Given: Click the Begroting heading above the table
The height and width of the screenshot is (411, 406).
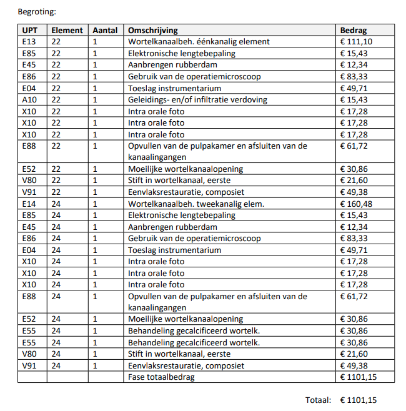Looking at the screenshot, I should point(36,11).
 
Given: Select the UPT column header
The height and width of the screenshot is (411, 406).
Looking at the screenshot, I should point(29,30).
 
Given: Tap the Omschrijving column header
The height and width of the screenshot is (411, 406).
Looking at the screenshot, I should point(152,30).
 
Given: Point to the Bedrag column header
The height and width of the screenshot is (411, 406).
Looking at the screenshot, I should point(353,30).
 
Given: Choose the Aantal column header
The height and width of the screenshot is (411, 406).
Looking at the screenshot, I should point(104,30).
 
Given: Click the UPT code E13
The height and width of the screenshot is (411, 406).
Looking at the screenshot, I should point(29,42).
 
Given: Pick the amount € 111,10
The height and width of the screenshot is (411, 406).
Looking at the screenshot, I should point(356,42).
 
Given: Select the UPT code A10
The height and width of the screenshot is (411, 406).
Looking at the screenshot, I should point(29,100).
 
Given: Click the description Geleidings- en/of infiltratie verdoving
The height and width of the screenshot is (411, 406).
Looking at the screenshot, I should point(197,100).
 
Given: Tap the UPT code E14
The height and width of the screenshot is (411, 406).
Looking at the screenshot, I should point(29,204).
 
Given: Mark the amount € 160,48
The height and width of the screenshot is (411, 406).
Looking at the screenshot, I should point(356,204).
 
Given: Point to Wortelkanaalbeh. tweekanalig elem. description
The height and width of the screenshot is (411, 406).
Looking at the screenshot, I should point(196,204).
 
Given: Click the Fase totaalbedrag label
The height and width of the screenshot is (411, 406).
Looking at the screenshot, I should point(161,377).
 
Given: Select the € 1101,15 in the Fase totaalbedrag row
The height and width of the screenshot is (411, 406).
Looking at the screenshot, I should point(359,377).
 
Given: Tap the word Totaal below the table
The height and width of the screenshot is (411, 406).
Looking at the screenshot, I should point(319,400).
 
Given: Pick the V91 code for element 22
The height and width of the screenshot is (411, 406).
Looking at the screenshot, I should point(29,192).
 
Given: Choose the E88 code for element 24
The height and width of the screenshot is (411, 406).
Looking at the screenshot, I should point(29,296).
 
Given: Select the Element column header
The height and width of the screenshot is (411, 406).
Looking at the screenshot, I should point(67,30).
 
